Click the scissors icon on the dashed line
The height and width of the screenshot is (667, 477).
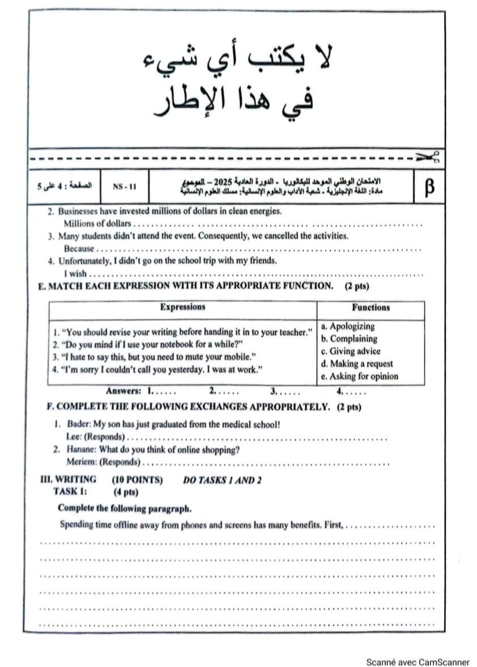(429, 156)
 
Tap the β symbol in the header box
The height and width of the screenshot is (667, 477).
(429, 186)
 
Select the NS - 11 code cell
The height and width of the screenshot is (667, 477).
(125, 186)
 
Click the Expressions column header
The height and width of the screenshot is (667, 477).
(182, 307)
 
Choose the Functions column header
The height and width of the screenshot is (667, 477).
(370, 308)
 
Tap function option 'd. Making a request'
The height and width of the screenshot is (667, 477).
(356, 364)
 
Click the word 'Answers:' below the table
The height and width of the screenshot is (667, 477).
(123, 391)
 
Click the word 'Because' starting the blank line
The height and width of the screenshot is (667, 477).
(78, 248)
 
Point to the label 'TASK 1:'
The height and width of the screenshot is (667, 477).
(70, 491)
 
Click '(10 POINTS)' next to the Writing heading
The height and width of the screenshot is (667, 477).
(137, 480)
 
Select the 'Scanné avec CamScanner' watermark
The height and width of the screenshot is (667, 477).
(418, 661)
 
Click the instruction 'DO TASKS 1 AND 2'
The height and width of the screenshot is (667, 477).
(222, 481)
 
